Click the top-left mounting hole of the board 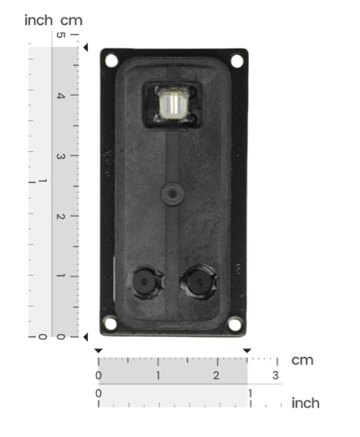(x=111, y=60)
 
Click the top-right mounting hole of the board (x=237, y=61)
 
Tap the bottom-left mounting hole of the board (x=110, y=323)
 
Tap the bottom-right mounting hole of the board (x=235, y=324)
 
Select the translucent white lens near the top (x=173, y=104)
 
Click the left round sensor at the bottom (x=145, y=282)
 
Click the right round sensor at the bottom (x=200, y=282)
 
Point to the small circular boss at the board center (x=172, y=194)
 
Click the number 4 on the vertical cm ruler (x=61, y=95)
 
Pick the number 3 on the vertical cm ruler (x=61, y=156)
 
